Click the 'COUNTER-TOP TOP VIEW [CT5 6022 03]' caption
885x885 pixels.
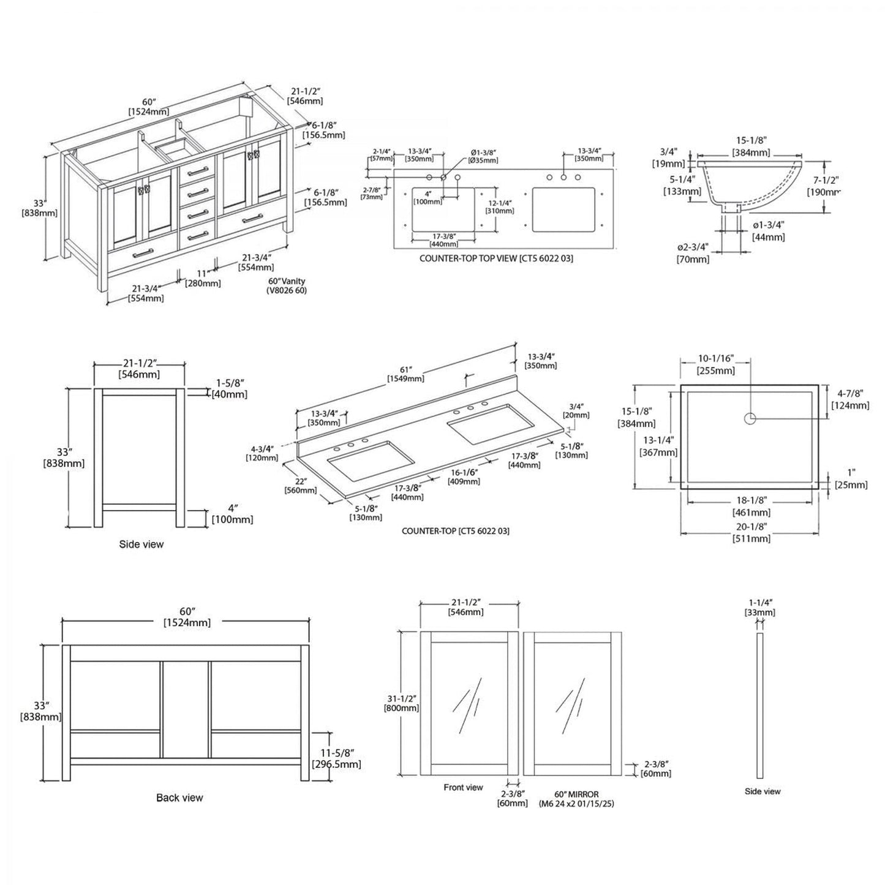[496, 258]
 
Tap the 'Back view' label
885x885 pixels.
[179, 797]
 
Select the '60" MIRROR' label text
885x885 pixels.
[576, 794]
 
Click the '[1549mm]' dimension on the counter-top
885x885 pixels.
[405, 378]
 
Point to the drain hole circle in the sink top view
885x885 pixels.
[750, 418]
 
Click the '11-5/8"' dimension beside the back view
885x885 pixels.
[336, 752]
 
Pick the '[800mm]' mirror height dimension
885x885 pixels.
[401, 708]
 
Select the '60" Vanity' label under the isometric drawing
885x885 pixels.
[287, 281]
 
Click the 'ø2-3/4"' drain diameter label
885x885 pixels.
[693, 247]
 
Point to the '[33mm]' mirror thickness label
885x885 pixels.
[760, 612]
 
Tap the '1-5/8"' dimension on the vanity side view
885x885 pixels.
[230, 383]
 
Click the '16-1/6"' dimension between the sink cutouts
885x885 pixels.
[464, 472]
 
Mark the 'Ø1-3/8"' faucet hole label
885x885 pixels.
[484, 152]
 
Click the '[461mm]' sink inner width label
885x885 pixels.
[751, 513]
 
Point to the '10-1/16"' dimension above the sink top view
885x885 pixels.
[716, 358]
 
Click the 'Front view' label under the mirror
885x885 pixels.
[463, 787]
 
